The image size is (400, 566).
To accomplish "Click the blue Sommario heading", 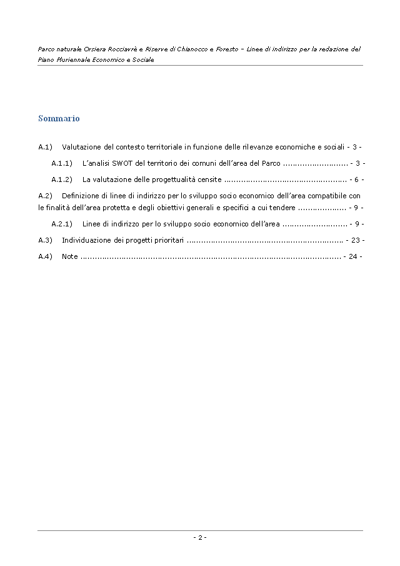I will pos(59,118).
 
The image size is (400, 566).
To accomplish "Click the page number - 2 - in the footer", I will pos(199,537).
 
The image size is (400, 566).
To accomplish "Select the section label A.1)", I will pos(44,147).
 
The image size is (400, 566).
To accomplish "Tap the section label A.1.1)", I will pos(62,163).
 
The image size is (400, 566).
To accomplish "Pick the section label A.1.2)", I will pos(62,179).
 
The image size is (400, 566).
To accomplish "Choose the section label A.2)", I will pos(44,196).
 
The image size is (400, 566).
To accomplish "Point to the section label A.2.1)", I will pos(62,223).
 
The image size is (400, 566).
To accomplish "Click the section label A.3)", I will pos(44,240).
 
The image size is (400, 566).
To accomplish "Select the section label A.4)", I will pos(44,256).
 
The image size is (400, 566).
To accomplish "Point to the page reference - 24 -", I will pos(352,256).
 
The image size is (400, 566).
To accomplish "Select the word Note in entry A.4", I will pos(70,256).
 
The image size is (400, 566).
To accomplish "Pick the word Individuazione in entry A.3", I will pos(84,240).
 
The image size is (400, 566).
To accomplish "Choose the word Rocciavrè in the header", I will pos(126,49).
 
